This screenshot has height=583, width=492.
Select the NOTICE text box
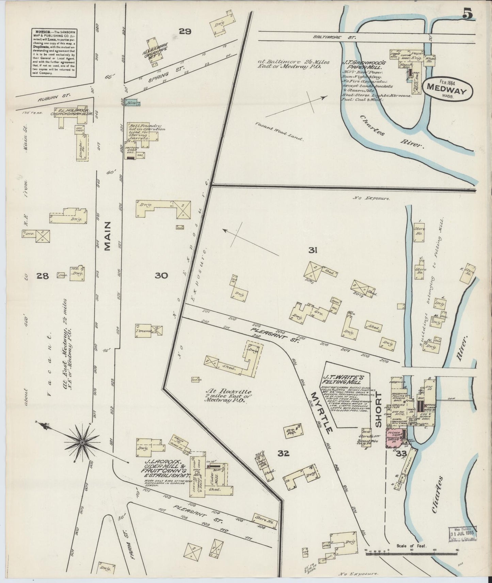(x=53, y=52)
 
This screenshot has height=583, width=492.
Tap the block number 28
(x=44, y=276)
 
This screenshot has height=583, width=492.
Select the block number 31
(x=313, y=251)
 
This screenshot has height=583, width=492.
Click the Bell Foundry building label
(x=146, y=132)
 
